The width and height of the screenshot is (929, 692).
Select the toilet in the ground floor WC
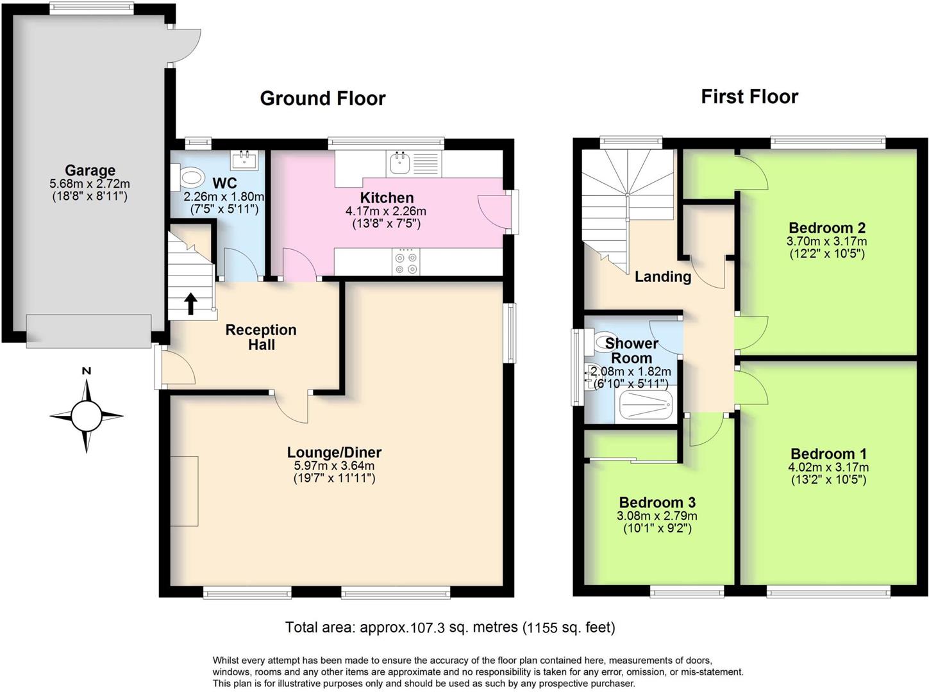(x=190, y=177)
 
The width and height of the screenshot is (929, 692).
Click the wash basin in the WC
(x=244, y=160)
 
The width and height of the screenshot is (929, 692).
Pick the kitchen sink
(x=401, y=163)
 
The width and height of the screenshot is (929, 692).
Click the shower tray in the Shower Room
(x=644, y=406)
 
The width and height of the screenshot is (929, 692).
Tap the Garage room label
(x=90, y=170)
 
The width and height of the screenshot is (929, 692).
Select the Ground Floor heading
(x=322, y=98)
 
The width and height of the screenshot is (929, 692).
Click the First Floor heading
(x=749, y=97)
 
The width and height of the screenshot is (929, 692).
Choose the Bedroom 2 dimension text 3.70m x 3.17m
(x=826, y=242)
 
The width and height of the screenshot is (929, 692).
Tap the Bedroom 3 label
(x=657, y=502)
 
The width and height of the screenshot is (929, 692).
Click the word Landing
(x=662, y=277)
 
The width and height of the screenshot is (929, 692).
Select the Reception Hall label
(x=261, y=337)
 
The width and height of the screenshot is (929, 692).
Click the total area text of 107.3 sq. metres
(x=449, y=627)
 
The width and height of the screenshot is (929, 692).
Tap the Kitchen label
(x=387, y=197)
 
